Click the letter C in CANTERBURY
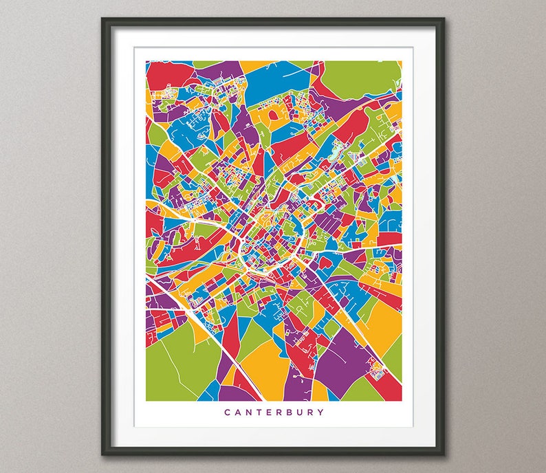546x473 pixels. pyautogui.click(x=227, y=412)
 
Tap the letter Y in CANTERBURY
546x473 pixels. pyautogui.click(x=321, y=412)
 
